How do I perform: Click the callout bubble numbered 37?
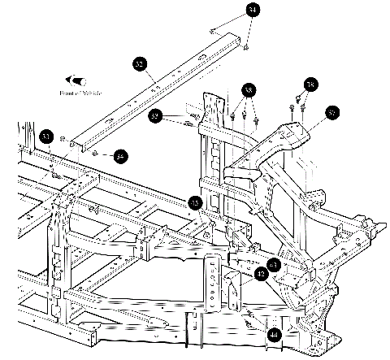point(331,113)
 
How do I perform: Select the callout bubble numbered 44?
point(274,333)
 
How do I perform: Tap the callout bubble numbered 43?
point(274,265)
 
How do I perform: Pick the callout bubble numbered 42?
point(261,275)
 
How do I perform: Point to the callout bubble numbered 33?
point(46,136)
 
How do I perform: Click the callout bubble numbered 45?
point(195,202)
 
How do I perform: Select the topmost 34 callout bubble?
point(253,10)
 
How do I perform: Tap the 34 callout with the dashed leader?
point(120,155)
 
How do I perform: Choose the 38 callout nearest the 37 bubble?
point(310,85)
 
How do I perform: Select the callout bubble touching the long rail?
point(140,63)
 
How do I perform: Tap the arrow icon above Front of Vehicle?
point(78,80)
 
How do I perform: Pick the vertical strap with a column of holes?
point(214,280)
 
